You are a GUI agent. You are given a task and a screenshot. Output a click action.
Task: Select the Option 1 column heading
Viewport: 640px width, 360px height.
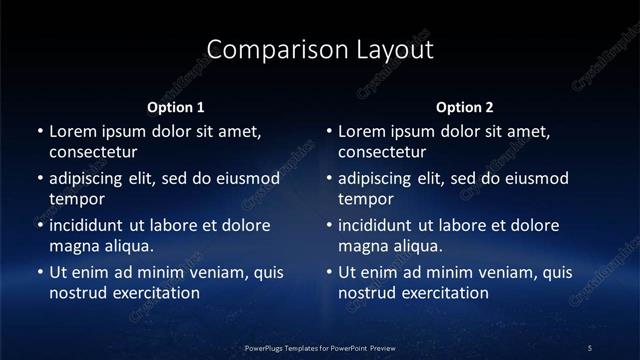[x=176, y=107]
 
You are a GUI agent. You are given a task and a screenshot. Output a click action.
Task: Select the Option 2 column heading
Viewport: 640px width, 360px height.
[x=465, y=107]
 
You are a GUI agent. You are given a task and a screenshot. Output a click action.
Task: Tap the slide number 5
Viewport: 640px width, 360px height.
[x=590, y=348]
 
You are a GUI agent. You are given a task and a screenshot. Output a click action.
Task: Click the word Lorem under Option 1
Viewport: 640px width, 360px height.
[x=73, y=131]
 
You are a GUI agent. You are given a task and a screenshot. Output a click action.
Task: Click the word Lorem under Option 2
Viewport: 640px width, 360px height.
[x=362, y=131]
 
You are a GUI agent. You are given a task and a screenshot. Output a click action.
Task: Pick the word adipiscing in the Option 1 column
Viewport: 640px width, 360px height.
[x=96, y=179]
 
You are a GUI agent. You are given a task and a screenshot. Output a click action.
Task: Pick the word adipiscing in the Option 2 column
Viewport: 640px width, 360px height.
[x=385, y=179]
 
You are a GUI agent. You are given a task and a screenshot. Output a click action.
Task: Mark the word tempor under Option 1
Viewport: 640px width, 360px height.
[x=76, y=199]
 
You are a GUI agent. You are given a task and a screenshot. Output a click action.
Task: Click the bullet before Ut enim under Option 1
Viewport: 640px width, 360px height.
[x=40, y=272]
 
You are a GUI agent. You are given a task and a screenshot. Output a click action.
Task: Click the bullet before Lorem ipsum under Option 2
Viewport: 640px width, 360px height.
[x=329, y=131]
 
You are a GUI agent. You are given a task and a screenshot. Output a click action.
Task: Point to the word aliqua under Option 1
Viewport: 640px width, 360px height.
[x=127, y=246]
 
